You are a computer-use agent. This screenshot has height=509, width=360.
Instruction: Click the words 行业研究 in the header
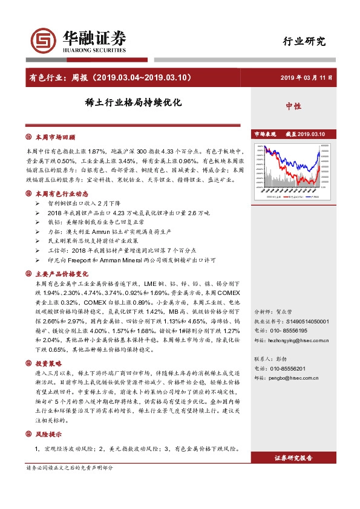click(304, 42)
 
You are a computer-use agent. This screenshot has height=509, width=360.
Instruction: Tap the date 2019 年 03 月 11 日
click(306, 78)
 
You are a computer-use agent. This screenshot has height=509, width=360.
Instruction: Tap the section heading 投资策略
click(49, 364)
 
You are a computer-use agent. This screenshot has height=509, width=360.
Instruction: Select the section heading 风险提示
click(49, 435)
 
